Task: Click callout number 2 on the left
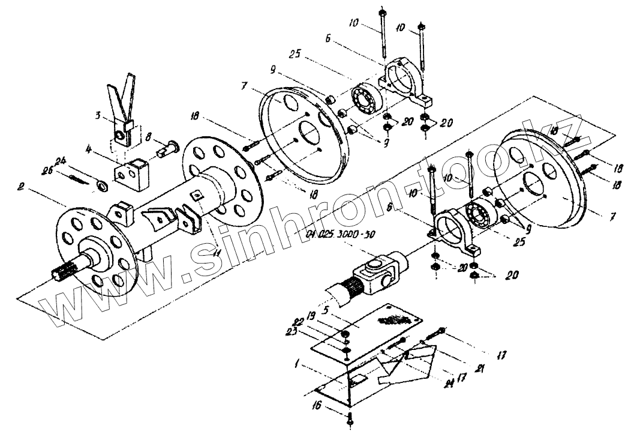(x=20, y=187)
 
